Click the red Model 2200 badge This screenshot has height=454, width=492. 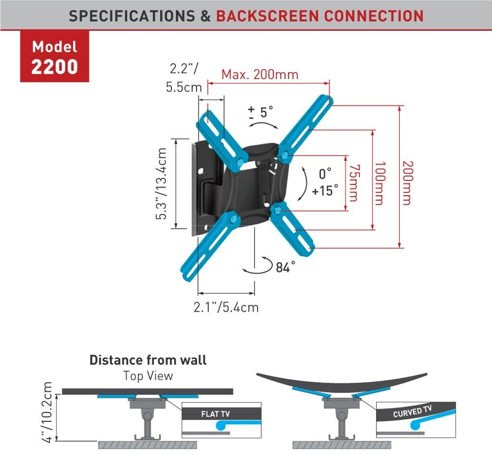(x=54, y=57)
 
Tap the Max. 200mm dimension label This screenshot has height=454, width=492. (x=259, y=75)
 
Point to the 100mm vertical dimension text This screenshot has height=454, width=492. (x=379, y=183)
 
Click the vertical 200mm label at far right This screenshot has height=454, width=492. (x=407, y=183)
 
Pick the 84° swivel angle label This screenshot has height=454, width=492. (x=285, y=267)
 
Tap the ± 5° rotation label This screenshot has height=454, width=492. (x=261, y=113)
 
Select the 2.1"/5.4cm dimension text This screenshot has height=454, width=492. (x=226, y=307)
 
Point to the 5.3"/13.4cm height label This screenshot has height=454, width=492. (x=162, y=184)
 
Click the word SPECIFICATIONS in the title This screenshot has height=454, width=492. (x=132, y=16)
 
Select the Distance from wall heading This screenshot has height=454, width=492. (x=148, y=360)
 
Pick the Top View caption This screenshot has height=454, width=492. (x=148, y=376)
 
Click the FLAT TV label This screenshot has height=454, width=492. (x=216, y=414)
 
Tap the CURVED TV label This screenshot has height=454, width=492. (x=412, y=412)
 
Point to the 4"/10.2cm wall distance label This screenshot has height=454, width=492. (x=48, y=413)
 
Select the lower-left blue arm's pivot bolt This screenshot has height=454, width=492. (x=234, y=219)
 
